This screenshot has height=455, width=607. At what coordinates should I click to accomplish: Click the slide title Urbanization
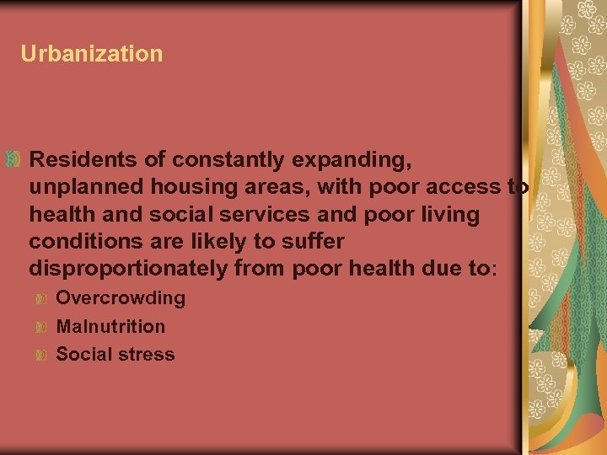[92, 54]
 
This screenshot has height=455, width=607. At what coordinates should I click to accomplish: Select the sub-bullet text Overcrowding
[121, 298]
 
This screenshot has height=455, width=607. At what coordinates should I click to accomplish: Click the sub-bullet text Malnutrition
[110, 326]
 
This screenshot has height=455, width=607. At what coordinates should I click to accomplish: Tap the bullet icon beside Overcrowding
[40, 298]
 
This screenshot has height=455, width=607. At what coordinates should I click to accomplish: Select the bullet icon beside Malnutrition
[40, 326]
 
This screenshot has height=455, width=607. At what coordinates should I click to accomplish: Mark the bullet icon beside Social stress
[40, 354]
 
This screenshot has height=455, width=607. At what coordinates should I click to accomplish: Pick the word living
[449, 214]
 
